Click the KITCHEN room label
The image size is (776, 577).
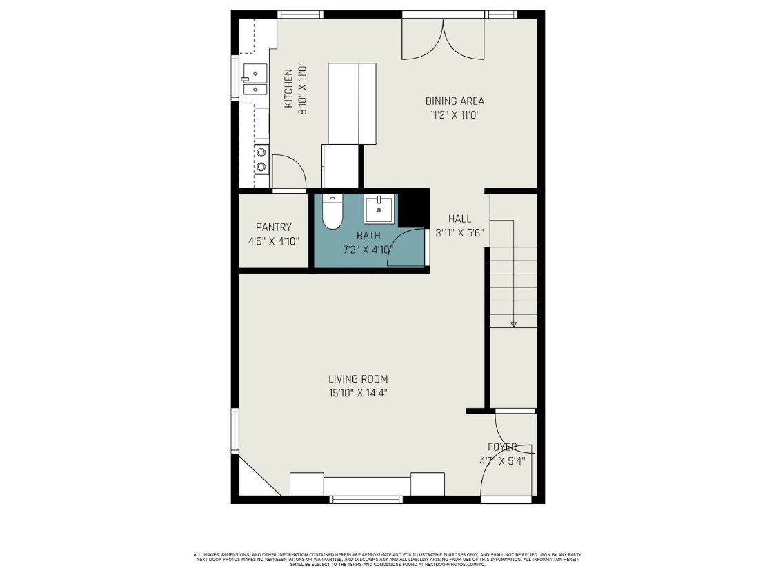[288, 88]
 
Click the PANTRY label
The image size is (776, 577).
[273, 227]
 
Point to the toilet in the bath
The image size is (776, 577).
[332, 213]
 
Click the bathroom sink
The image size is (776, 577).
[379, 209]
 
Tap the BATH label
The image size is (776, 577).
[368, 235]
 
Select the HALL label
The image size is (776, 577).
[459, 219]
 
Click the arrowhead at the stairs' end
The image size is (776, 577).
[513, 323]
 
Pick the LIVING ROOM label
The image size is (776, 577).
[357, 378]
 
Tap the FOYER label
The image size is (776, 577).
[502, 447]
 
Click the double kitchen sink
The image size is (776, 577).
[254, 79]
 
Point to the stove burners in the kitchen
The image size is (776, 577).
[261, 159]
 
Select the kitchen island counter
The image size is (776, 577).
[352, 103]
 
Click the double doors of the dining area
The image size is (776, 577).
[443, 39]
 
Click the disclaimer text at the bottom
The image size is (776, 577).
[388, 559]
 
